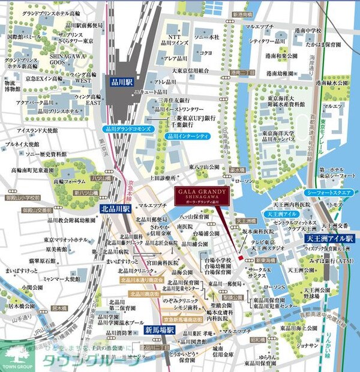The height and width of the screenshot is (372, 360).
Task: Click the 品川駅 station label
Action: (121, 83)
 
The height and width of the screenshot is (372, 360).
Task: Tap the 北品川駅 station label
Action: (113, 209)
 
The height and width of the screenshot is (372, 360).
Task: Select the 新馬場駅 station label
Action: (159, 330)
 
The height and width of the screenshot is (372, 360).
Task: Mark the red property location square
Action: (239, 258)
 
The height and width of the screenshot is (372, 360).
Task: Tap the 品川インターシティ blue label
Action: (185, 136)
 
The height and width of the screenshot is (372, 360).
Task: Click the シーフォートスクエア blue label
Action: (329, 193)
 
